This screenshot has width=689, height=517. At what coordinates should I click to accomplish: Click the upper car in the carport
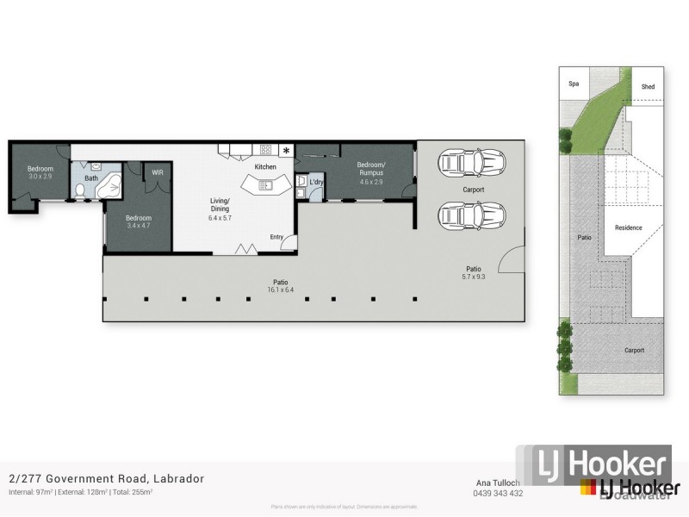(471, 162)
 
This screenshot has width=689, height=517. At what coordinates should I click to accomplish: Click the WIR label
(158, 172)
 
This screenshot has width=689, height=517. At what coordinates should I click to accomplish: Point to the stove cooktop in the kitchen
(265, 149)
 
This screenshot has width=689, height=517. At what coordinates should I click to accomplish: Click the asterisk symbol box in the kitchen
(286, 151)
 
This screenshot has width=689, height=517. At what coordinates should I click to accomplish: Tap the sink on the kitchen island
(267, 184)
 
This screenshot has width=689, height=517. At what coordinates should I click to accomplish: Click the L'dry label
(315, 182)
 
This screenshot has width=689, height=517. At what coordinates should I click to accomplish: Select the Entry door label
(276, 237)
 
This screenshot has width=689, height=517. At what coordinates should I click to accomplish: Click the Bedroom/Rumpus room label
(371, 168)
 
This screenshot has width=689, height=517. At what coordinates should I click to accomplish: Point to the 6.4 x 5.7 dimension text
(220, 218)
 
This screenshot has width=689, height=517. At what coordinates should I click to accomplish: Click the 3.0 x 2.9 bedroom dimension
(40, 176)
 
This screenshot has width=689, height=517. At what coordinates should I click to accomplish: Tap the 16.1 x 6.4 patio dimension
(281, 290)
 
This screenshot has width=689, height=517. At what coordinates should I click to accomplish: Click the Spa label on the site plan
(573, 84)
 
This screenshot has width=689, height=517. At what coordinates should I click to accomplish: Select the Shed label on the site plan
(648, 87)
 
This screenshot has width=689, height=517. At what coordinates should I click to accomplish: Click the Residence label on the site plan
(628, 227)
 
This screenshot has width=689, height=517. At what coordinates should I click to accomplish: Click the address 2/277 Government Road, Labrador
(106, 478)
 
